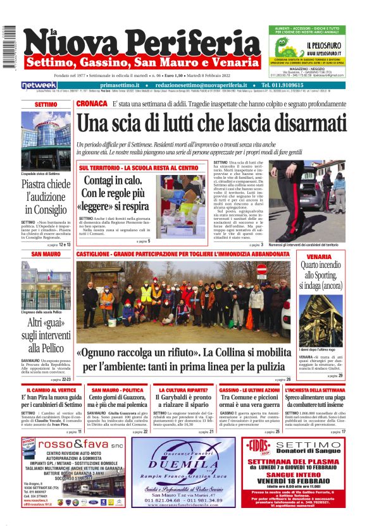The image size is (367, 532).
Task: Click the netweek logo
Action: (x=39, y=85)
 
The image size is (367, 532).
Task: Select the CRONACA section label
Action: (x=91, y=103)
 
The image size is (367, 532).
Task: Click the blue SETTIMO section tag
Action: (x=46, y=104)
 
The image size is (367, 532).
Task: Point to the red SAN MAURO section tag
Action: (x=46, y=254)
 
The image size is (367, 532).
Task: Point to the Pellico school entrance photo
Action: (x=46, y=289)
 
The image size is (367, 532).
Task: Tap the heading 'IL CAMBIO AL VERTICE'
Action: (x=49, y=390)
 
